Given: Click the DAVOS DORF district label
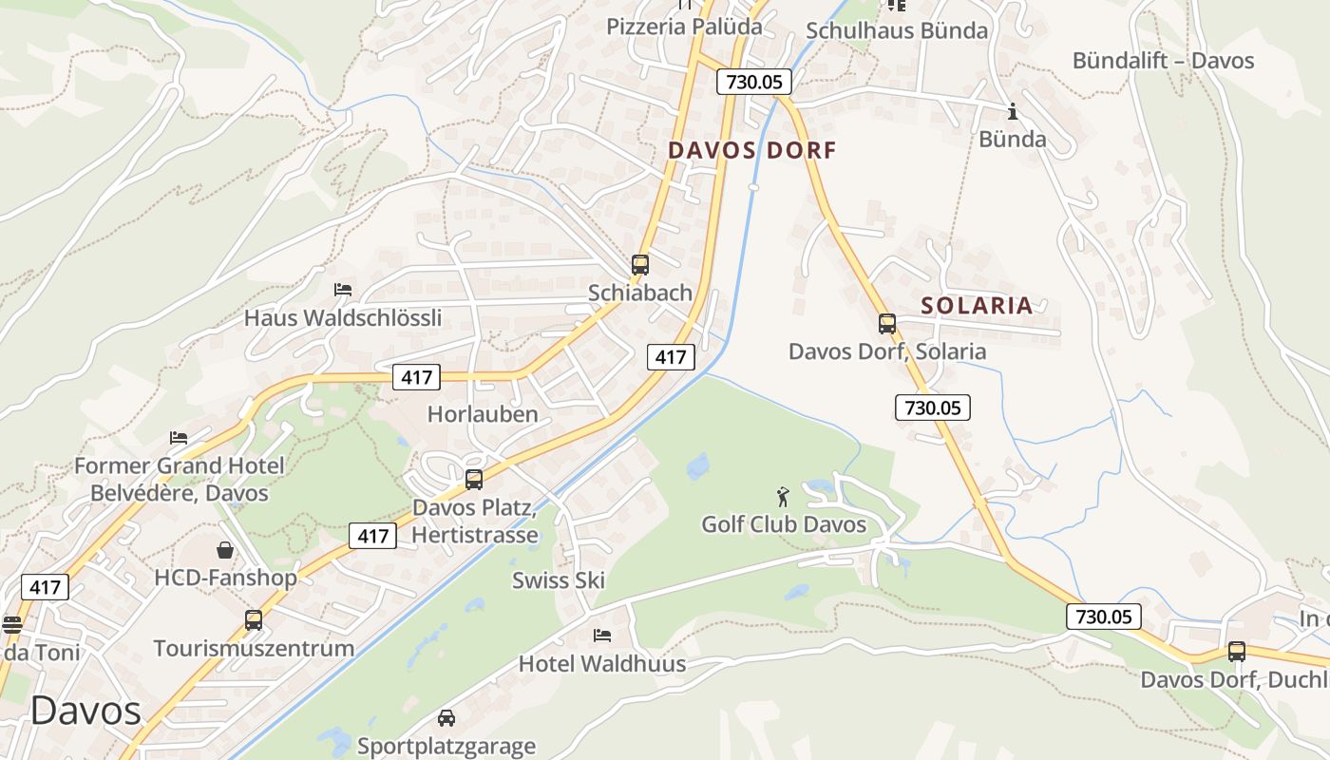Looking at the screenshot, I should pos(751,150).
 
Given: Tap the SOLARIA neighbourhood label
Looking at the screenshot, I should pos(977,305).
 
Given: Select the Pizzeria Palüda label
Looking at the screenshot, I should pos(684,26).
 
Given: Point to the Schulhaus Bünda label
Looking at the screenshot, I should pos(897,30).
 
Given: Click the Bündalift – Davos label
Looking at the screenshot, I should pos(1163,61).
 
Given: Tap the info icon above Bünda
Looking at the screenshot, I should pos(1012,112).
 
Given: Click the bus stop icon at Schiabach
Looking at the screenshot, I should pos(640,265).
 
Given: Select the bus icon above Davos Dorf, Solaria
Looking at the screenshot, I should pos(886,324).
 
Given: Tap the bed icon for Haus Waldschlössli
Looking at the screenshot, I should pos(343,289).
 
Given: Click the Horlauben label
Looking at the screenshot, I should pos(483,414).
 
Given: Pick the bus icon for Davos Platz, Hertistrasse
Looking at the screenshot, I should pos(474,480).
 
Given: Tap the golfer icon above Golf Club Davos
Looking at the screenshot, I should pos(783,497).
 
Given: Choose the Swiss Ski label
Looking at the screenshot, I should pos(559,580).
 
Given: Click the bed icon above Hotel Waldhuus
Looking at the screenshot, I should pos(601,635).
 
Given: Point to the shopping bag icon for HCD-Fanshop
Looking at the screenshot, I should pos(225,550).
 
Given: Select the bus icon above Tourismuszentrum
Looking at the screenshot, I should pos(254,620).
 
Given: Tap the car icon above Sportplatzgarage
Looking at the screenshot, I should pos(446,718).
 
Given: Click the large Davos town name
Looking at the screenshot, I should pos(85,711).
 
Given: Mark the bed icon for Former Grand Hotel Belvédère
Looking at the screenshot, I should pos(179,438).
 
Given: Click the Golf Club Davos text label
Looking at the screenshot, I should pos(784,524).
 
